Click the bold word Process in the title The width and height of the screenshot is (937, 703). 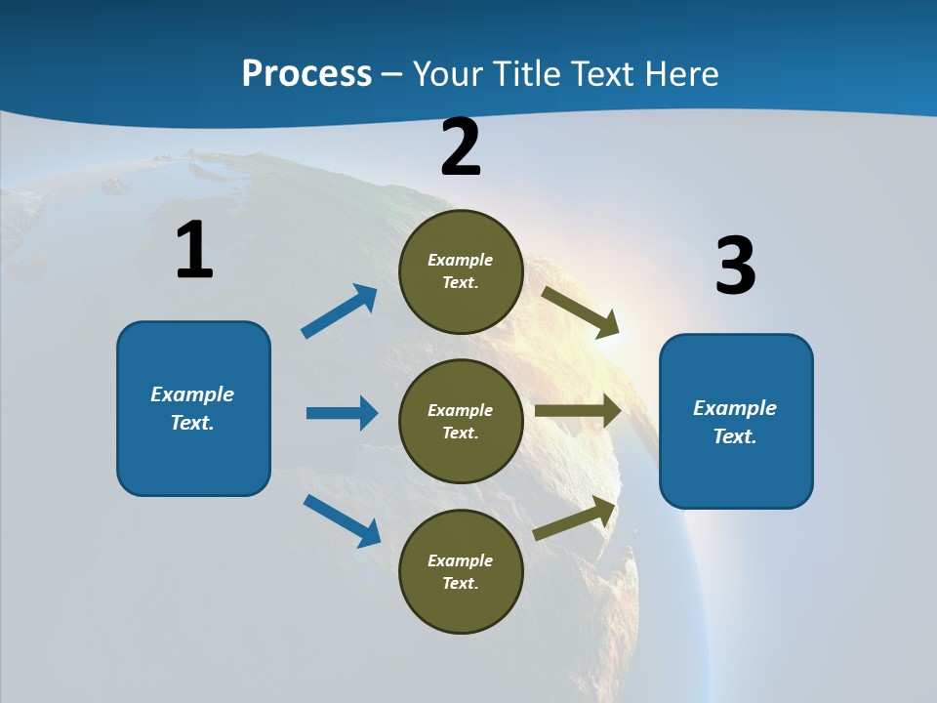[306, 74]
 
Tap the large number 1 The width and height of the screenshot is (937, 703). [194, 250]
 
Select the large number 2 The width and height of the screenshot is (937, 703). [461, 147]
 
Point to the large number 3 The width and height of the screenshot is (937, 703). [735, 266]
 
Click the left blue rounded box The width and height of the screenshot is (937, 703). [193, 408]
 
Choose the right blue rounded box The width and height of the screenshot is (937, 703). [736, 421]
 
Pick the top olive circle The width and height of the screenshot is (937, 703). [461, 271]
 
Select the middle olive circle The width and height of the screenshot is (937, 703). [461, 421]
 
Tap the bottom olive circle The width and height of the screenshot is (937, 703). [461, 571]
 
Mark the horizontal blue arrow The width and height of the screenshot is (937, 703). [342, 413]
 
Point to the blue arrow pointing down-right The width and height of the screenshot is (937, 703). [342, 519]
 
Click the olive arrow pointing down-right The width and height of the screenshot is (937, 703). [580, 311]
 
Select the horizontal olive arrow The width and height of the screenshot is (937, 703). [578, 411]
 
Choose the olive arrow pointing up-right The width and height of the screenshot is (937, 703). [575, 518]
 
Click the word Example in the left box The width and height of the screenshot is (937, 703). [192, 394]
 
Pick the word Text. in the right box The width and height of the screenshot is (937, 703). [735, 436]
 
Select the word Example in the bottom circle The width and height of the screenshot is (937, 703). [461, 560]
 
